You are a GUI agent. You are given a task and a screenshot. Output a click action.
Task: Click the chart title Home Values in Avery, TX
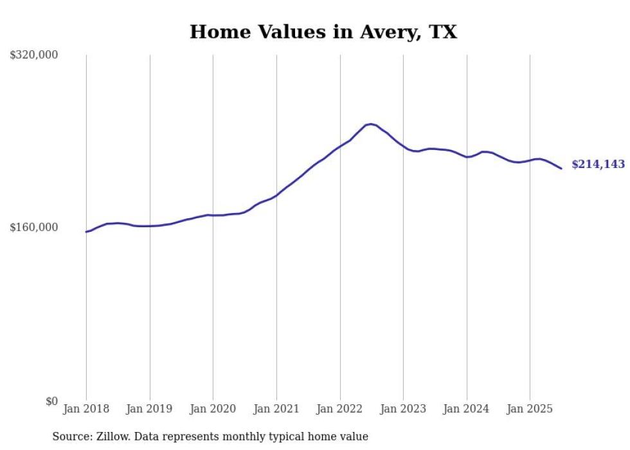[x=323, y=32]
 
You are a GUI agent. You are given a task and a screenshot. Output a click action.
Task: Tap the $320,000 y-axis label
[x=34, y=55]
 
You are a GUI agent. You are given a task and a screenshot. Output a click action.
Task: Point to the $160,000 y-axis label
[x=34, y=227]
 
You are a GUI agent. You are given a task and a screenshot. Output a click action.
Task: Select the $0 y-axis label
[x=51, y=401]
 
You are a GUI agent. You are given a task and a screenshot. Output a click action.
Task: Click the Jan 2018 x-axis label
[x=86, y=409]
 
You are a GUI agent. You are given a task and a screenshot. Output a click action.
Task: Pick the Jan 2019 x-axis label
[x=150, y=409]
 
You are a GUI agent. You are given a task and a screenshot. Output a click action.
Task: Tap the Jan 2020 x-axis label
[x=213, y=409]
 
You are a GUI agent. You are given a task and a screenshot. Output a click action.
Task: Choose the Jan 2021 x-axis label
[x=276, y=409]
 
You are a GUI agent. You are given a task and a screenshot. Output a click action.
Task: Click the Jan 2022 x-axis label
[x=340, y=409]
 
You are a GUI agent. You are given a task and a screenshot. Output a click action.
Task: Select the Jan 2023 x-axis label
[x=403, y=409]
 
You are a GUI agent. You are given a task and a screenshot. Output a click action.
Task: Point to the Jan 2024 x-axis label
[x=467, y=409]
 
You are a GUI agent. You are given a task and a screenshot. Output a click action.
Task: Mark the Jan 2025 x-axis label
[x=530, y=409]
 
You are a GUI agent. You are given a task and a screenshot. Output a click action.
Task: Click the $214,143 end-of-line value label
[x=598, y=165]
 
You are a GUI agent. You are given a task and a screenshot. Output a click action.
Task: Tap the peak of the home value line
[x=370, y=124]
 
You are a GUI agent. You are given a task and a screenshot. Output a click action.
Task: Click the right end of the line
[x=561, y=169]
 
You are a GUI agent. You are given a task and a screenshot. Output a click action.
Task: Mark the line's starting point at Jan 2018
[x=87, y=232]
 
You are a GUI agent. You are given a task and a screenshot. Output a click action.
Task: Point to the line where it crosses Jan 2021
[x=276, y=195]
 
